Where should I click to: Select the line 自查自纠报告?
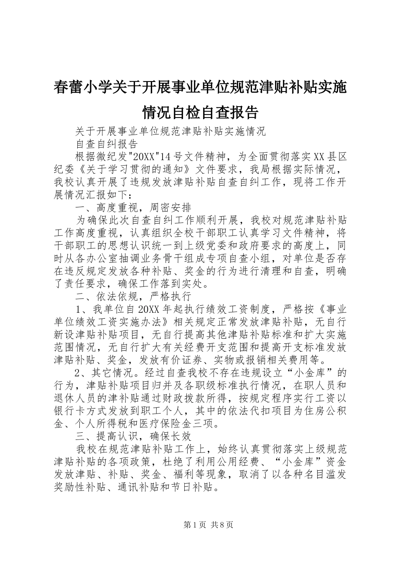(107, 144)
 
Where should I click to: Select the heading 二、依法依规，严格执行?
(133, 296)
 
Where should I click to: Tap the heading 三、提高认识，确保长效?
(133, 436)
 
